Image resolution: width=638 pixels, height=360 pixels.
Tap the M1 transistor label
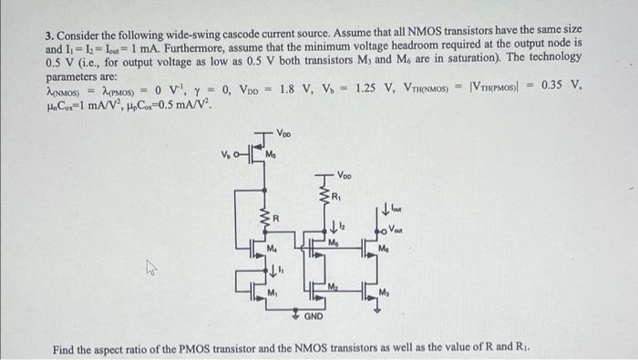coord(273,289)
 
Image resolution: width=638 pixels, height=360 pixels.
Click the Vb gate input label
coord(225,152)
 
